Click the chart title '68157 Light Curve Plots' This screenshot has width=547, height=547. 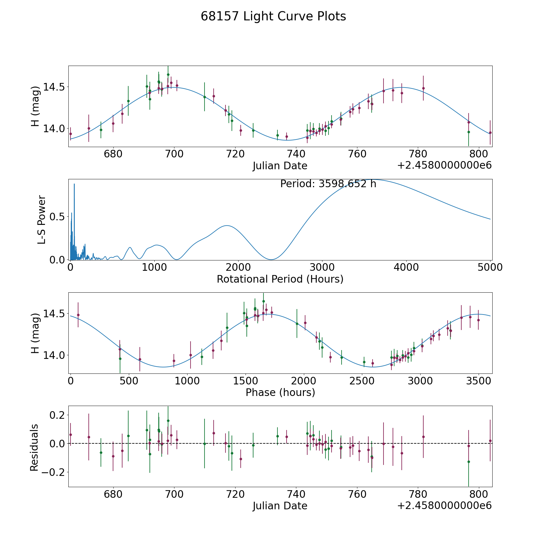pos(273,17)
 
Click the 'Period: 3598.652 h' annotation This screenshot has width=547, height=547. pos(328,184)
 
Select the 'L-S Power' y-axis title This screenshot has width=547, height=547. pos(42,220)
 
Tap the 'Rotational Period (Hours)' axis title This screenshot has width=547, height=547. pos(280,279)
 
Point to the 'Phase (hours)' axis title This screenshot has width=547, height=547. pos(280,393)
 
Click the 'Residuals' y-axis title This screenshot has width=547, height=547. pos(34,447)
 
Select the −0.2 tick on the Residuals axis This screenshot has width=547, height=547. pos(51,472)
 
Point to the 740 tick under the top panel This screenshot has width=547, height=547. pos(296,154)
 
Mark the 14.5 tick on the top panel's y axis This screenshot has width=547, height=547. pos(51,87)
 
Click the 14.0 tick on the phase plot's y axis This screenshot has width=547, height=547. pos(51,355)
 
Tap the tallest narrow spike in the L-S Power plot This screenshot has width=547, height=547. pos(74,184)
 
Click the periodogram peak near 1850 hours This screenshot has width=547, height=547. pos(226,225)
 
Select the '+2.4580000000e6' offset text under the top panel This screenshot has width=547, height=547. pos(444,166)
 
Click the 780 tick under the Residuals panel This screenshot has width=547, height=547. pos(418,494)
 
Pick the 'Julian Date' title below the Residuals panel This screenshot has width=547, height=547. pos(280,506)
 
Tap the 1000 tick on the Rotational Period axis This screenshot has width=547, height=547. pos(154,267)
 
